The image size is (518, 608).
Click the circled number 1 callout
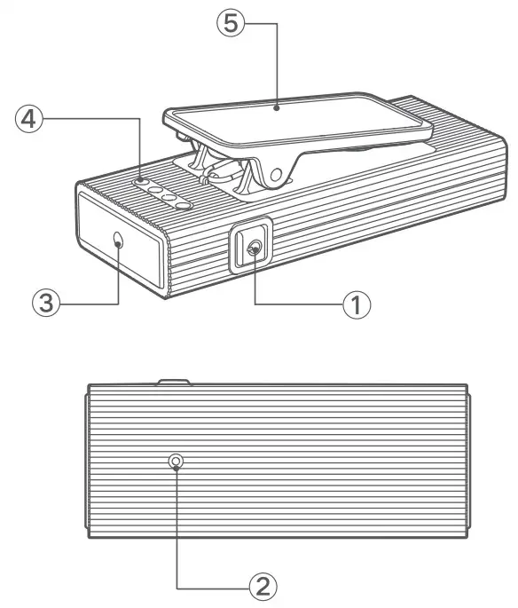point(356,304)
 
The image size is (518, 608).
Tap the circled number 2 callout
point(263,586)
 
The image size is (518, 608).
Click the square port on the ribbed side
point(253,249)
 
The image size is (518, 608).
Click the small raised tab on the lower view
point(174,383)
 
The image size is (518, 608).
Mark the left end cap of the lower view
point(88,462)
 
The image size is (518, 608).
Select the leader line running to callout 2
point(177,533)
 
